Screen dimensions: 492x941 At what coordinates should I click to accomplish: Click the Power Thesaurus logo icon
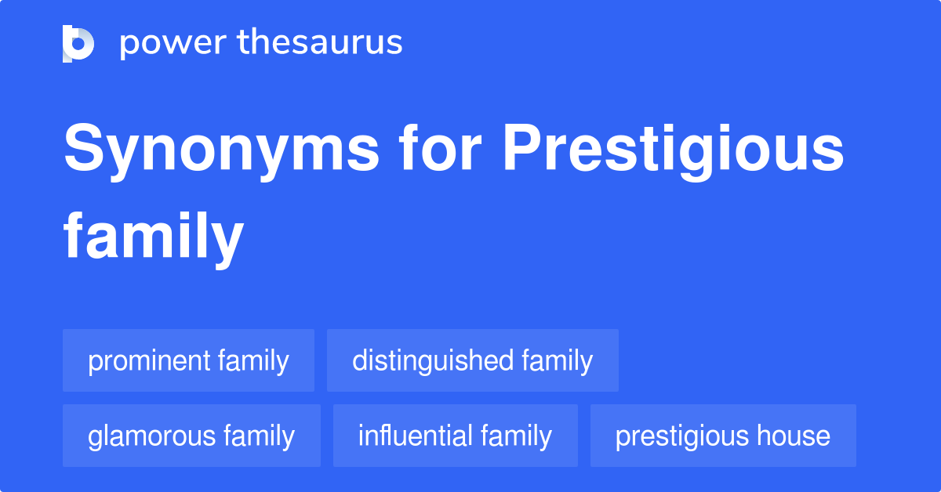78,43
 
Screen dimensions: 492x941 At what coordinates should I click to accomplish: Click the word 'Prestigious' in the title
673,152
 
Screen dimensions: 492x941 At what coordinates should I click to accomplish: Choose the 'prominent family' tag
188,361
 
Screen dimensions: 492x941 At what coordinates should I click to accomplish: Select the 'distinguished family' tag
472,361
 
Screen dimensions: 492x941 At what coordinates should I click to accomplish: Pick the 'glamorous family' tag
191,436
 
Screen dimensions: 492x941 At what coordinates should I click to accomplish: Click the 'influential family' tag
455,436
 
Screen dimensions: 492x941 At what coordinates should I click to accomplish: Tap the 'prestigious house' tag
722,436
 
